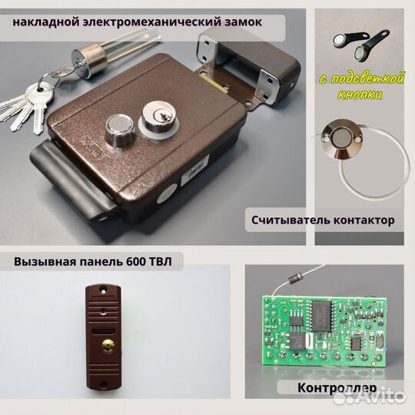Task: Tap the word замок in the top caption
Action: tap(239, 22)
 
